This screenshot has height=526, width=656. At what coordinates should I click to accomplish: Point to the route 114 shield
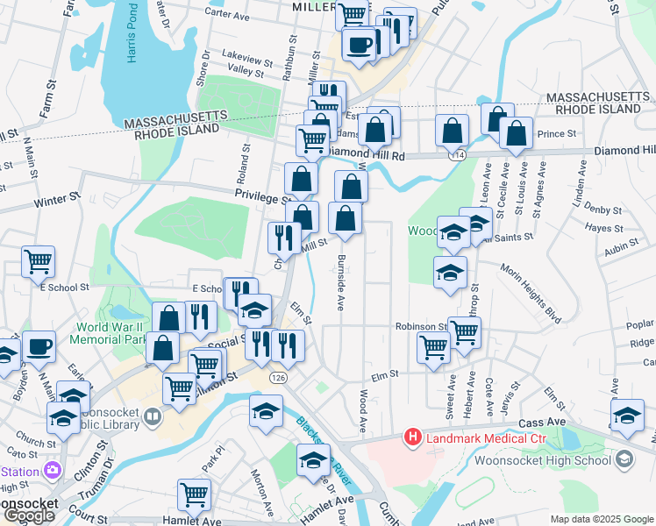(456, 154)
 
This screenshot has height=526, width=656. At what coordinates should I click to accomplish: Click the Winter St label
(57, 201)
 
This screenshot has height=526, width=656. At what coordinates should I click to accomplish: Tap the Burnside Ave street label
(340, 282)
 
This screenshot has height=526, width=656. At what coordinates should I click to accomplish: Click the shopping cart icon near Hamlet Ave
(194, 494)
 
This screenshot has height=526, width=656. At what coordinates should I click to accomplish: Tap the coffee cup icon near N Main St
(39, 346)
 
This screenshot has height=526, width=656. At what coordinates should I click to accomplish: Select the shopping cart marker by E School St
(39, 260)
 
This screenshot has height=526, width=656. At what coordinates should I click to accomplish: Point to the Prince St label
(555, 134)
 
